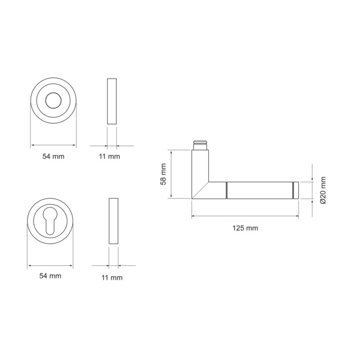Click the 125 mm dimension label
tap(245, 229)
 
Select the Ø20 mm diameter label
tap(323, 191)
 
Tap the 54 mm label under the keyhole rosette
tap(50, 275)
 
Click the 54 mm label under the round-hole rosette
tap(53, 156)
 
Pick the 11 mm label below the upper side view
tap(110, 156)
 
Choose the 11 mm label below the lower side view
tap(112, 277)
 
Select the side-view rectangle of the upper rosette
tap(111, 101)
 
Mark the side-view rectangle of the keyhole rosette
tap(113, 220)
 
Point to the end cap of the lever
tap(296, 190)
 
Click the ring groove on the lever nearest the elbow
tap(227, 190)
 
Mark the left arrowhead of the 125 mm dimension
tap(194, 217)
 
